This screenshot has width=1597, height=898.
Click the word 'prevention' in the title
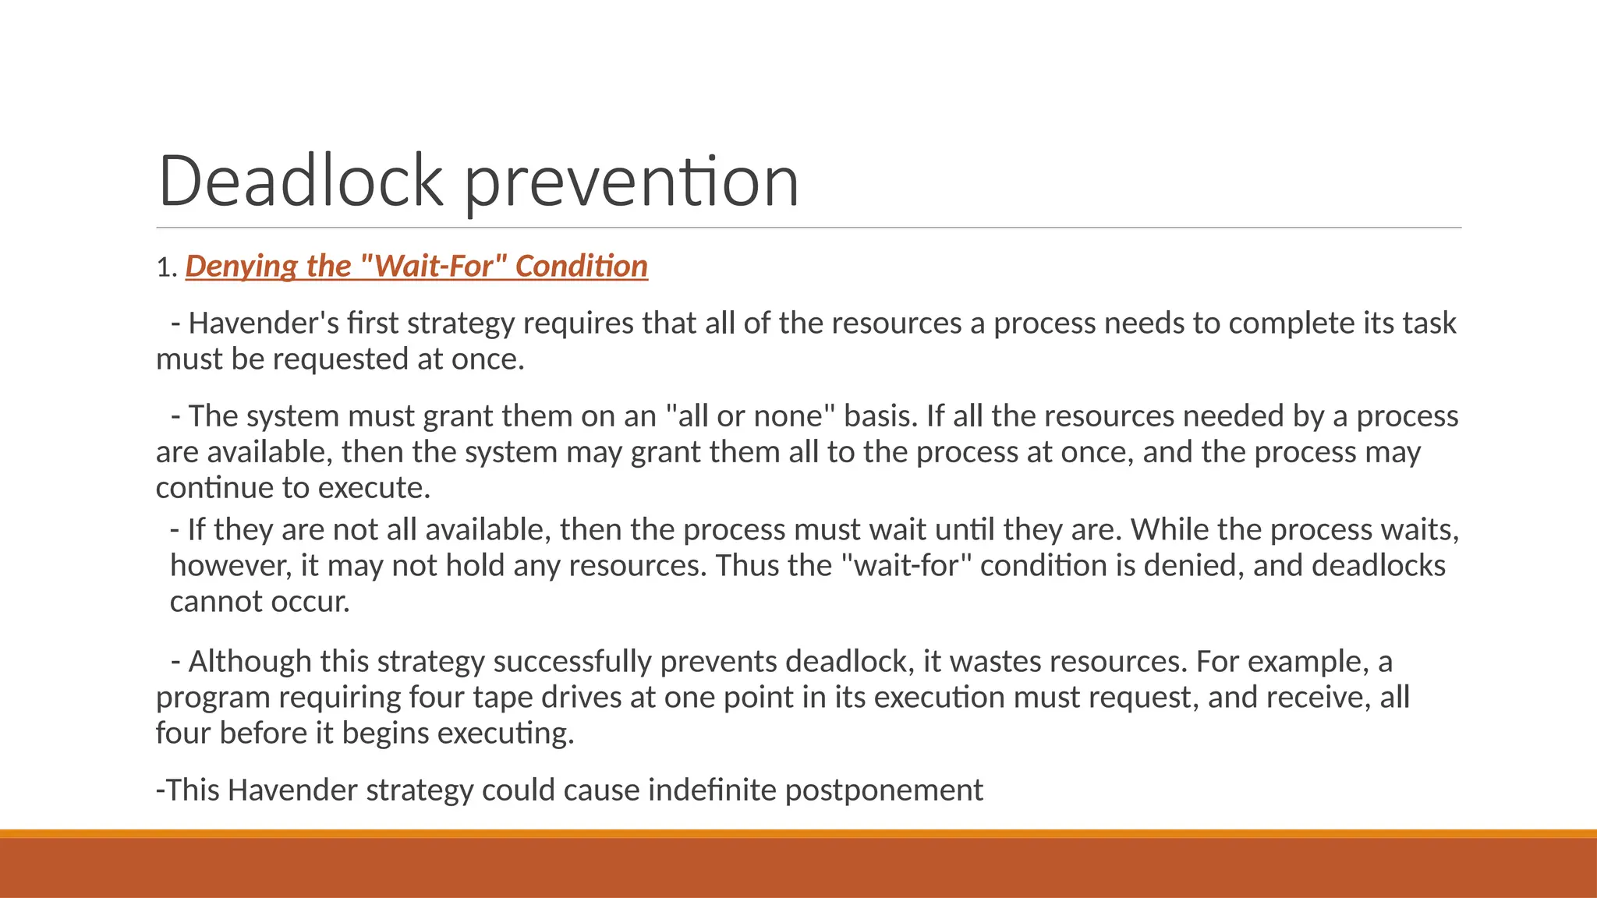[632, 182]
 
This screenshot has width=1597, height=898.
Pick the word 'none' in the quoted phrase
[788, 416]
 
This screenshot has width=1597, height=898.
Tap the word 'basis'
[880, 416]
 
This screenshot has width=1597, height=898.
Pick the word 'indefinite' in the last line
[712, 790]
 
